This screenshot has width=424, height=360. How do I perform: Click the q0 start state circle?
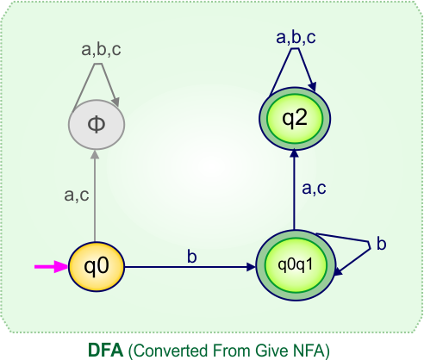[97, 266]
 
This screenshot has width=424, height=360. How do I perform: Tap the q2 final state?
[295, 118]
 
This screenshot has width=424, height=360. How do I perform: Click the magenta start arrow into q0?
[51, 267]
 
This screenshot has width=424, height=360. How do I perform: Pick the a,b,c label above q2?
[296, 37]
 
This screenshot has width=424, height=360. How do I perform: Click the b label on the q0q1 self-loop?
[381, 245]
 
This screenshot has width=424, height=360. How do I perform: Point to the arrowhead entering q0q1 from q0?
[251, 267]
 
